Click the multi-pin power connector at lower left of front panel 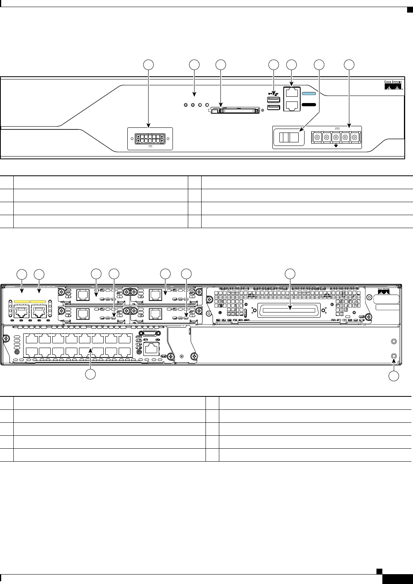tap(150, 138)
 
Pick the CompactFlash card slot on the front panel tap(234, 111)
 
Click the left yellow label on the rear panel tap(22, 302)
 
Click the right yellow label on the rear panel tap(39, 302)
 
